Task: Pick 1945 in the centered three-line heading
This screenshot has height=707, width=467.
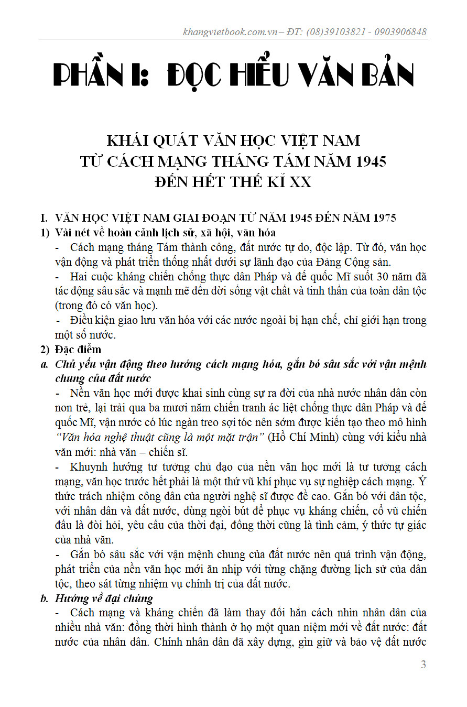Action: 368,161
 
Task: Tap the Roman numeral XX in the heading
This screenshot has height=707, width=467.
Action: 300,182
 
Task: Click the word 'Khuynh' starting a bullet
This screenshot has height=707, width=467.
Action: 87,466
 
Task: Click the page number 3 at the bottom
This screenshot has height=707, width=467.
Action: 423,665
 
